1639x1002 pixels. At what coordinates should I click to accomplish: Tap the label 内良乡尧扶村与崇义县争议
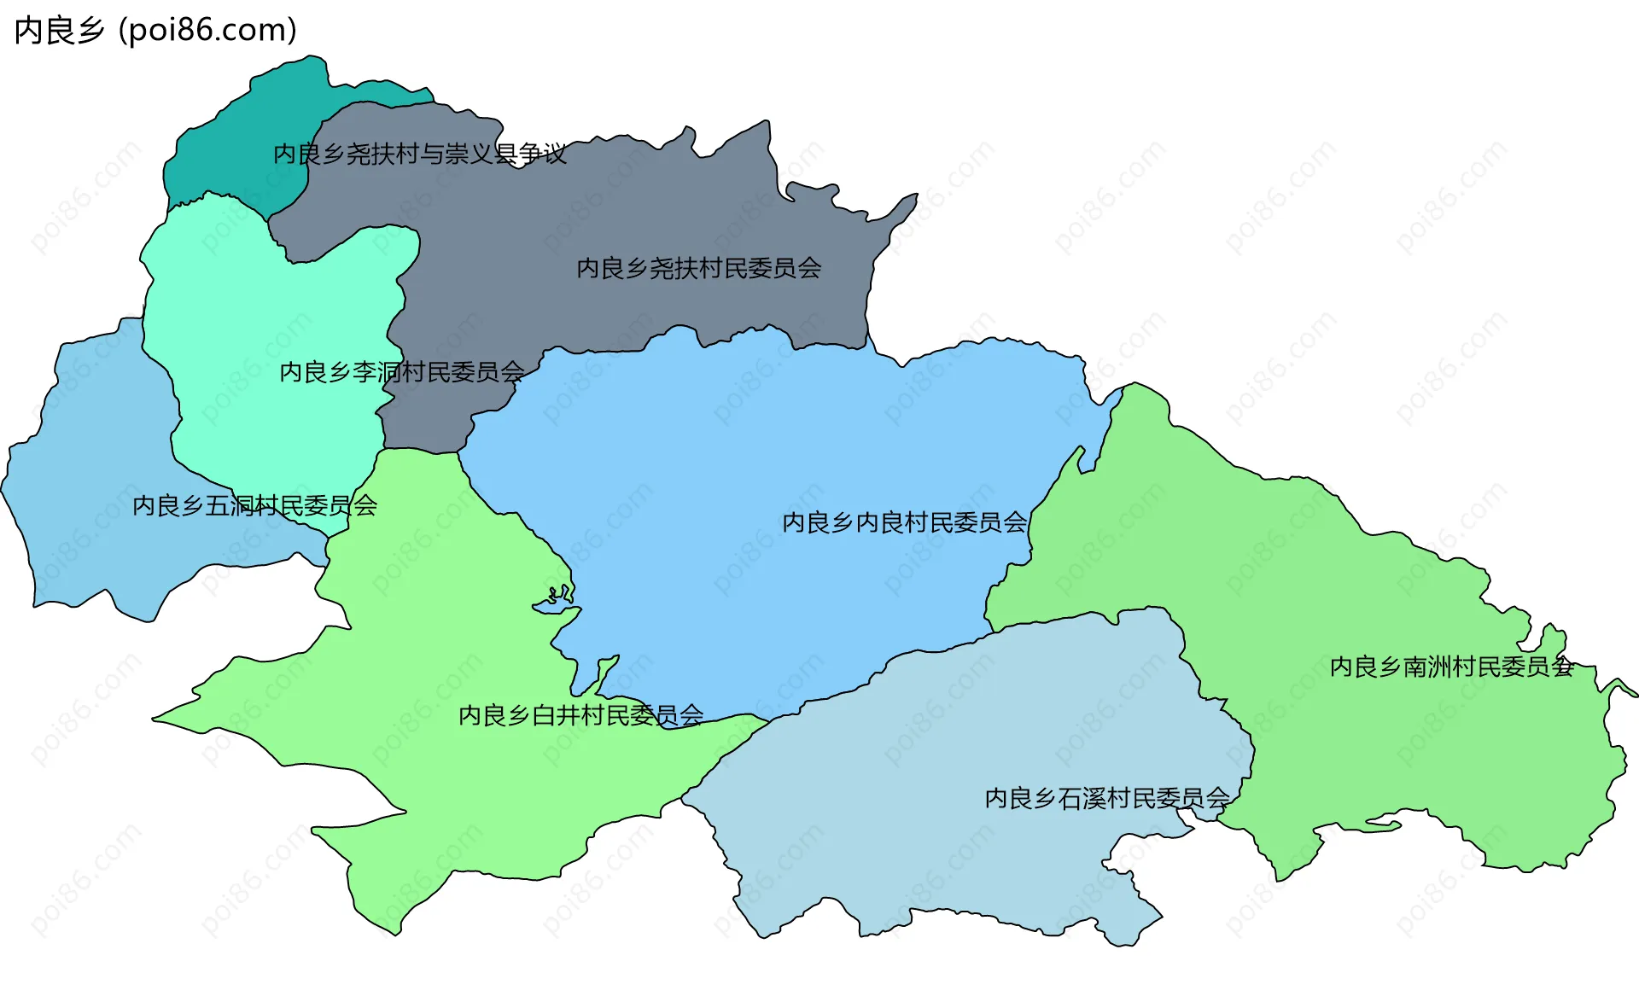click(x=419, y=154)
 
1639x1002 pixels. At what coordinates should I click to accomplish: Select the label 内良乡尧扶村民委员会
click(x=698, y=269)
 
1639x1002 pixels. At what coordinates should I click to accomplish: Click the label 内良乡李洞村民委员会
click(x=401, y=372)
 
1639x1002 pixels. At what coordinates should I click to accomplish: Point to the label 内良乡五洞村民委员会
click(x=254, y=506)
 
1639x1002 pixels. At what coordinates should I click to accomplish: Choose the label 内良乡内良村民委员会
click(x=904, y=522)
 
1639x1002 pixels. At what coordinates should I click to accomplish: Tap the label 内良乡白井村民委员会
click(x=580, y=715)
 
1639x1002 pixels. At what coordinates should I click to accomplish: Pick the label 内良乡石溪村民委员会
click(x=1106, y=798)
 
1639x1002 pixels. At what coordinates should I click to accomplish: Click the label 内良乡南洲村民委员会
click(x=1451, y=667)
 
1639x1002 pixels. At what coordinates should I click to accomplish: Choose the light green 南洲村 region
click(x=1366, y=751)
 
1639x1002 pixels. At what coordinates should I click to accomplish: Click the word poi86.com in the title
click(x=207, y=30)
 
